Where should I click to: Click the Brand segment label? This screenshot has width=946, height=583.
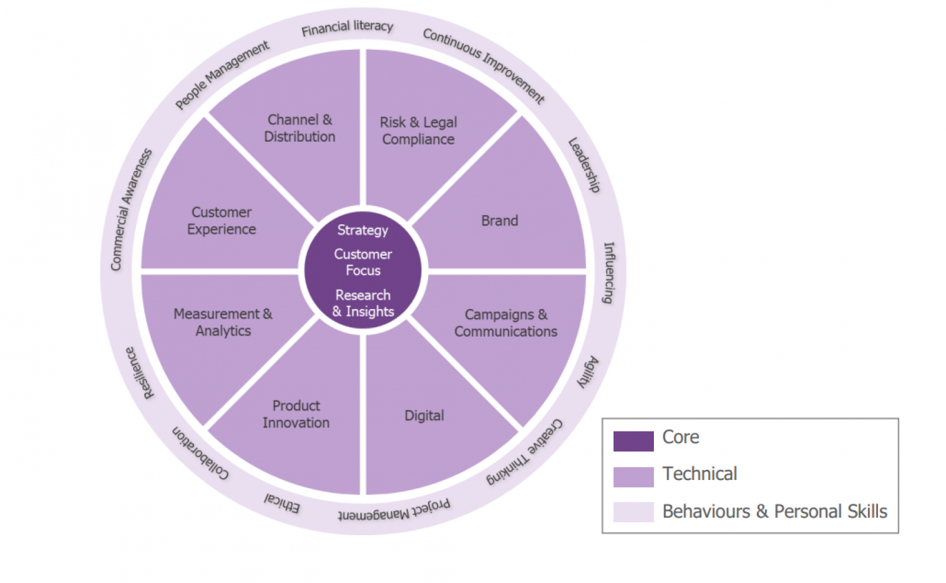coord(500,221)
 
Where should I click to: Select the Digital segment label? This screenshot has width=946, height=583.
coord(424,415)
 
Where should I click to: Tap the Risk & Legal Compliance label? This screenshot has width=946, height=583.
coord(418,131)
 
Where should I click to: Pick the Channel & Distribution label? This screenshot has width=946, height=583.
coord(300,128)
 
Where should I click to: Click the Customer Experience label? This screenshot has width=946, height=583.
coord(222,221)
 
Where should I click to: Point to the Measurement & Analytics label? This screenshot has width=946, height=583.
coord(223,323)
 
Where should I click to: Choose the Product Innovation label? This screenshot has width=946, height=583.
coord(296,414)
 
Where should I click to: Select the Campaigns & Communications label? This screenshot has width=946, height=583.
coord(506,323)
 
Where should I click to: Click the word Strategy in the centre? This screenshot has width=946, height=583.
coord(362,230)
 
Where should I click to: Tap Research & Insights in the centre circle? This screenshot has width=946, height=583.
coord(363,304)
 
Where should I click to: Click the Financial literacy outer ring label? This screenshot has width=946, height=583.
coord(347,28)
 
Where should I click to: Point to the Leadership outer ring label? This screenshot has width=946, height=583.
coord(584,165)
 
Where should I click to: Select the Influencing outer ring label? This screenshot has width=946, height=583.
coord(609,273)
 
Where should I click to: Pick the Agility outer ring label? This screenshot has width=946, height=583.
coord(588,372)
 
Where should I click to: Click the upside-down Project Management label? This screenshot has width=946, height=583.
coord(394,511)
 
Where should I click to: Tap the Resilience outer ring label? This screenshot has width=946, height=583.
coord(140,373)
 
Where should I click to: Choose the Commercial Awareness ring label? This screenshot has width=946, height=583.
coord(131,210)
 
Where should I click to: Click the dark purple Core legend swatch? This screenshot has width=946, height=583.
coord(633,441)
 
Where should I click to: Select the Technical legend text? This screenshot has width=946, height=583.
coord(699,474)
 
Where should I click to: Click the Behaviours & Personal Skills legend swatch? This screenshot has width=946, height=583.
coord(633,512)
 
